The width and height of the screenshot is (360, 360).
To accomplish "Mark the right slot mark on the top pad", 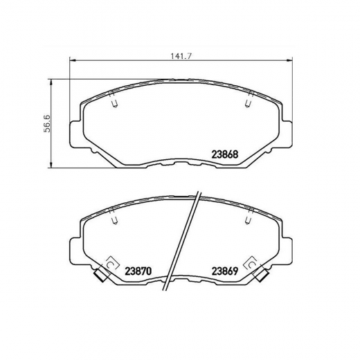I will (248, 102).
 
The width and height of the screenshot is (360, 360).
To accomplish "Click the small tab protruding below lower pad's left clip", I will (100, 279).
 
